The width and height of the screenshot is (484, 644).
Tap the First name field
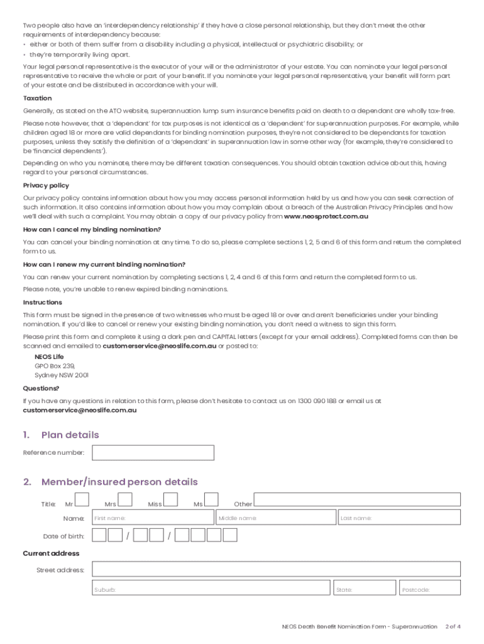click(x=153, y=518)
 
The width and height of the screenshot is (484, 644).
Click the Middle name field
click(x=275, y=518)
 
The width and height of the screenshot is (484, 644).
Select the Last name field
click(x=399, y=518)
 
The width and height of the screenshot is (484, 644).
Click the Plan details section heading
click(x=70, y=435)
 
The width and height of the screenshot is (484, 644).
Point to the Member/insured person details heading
click(x=119, y=482)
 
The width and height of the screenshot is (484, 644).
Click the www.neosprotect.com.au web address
click(x=326, y=216)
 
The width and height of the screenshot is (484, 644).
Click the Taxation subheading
click(x=38, y=99)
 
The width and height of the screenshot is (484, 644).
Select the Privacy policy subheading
click(x=46, y=186)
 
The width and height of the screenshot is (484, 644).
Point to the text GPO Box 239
click(x=55, y=365)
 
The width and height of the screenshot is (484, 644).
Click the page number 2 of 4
click(x=453, y=627)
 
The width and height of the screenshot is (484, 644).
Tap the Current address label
click(x=51, y=553)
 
